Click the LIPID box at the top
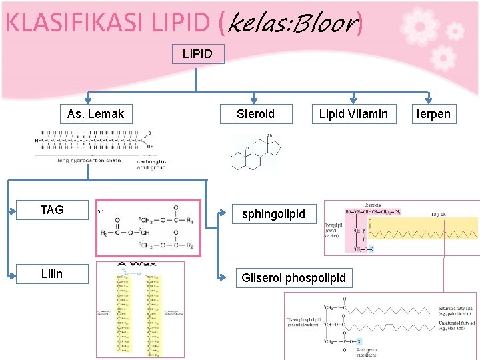click(x=197, y=53)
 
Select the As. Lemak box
click(x=95, y=114)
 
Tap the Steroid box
click(x=255, y=114)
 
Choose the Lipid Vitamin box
click(x=353, y=114)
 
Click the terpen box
click(x=433, y=114)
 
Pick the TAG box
click(x=52, y=210)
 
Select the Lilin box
click(x=52, y=273)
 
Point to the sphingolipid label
click(x=273, y=214)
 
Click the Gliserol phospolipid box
click(x=294, y=278)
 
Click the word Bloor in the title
click(x=323, y=24)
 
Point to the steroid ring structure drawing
click(x=255, y=152)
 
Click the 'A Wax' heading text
click(x=137, y=264)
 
